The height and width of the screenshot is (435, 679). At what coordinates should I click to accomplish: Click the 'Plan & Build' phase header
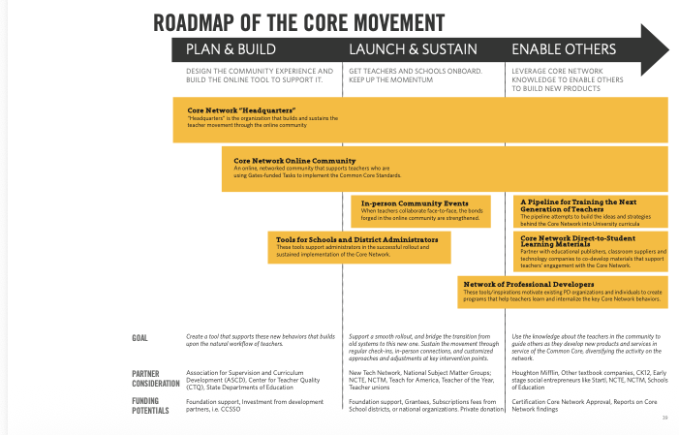(231, 49)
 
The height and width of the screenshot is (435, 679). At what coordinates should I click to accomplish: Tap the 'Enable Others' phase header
(563, 49)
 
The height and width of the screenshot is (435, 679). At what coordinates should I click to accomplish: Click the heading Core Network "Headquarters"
(241, 109)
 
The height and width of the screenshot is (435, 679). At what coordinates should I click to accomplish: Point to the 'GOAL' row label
(141, 337)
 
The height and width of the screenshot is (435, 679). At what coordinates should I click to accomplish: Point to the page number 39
(665, 418)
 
